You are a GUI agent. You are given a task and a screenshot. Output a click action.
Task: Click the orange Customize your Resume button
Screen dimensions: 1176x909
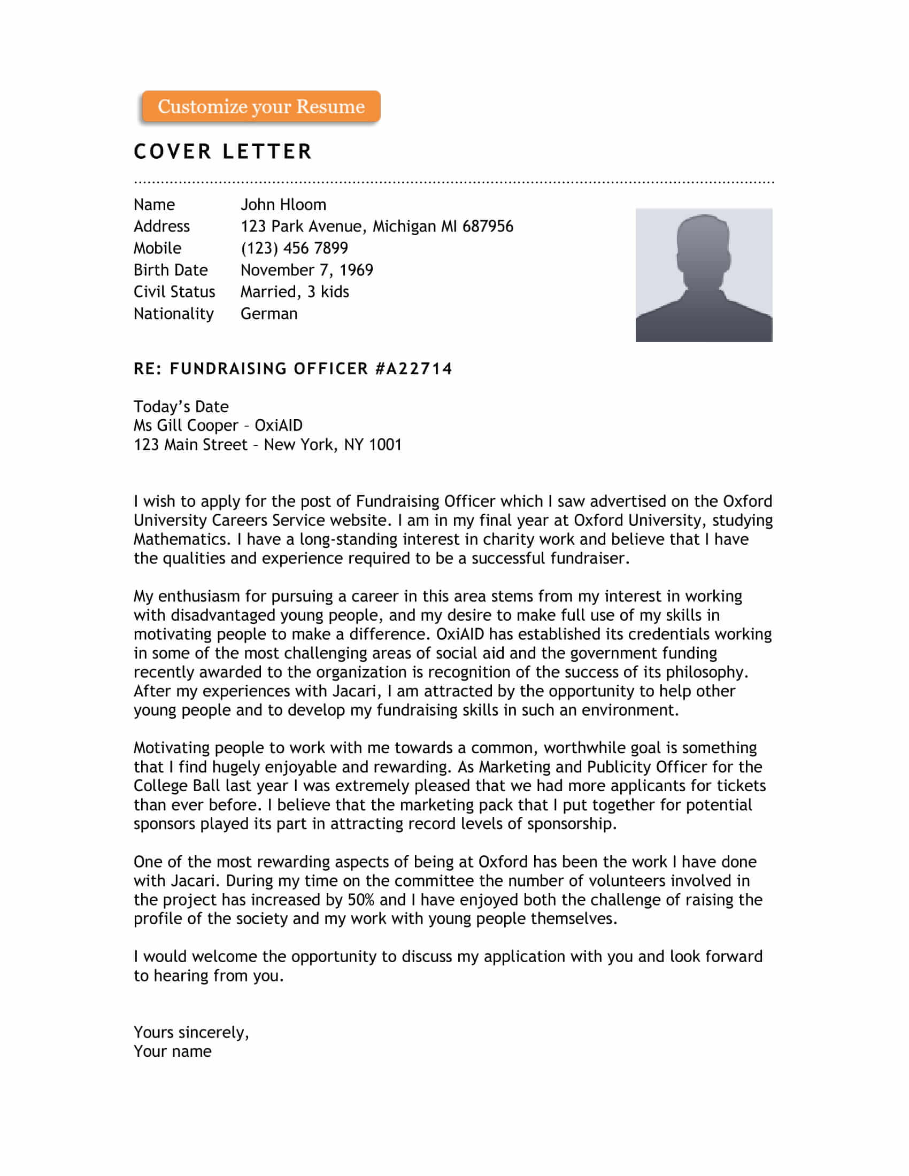click(x=260, y=106)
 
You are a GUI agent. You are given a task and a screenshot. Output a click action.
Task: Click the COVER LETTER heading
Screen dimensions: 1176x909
click(x=223, y=152)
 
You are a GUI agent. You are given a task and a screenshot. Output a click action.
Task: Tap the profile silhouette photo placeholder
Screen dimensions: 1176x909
click(x=703, y=275)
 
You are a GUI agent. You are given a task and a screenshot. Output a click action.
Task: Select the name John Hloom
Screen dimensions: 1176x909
click(x=283, y=205)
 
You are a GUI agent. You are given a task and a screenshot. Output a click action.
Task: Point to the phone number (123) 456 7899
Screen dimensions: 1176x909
click(x=294, y=248)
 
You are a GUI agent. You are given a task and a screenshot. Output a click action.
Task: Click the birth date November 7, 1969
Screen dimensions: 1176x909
click(x=306, y=270)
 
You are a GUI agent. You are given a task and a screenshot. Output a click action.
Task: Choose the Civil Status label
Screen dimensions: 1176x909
click(x=174, y=292)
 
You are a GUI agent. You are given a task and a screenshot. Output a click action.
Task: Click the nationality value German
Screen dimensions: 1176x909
click(x=269, y=314)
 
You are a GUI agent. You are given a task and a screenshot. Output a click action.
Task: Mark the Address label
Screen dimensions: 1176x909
click(x=161, y=226)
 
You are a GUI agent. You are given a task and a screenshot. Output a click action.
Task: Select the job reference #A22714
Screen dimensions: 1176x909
click(x=413, y=369)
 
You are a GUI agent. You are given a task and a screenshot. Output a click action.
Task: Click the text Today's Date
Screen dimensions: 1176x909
click(x=181, y=407)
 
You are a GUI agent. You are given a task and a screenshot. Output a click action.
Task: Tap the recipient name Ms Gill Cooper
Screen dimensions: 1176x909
click(x=186, y=425)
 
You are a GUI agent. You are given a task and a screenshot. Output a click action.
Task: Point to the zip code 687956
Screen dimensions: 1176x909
click(x=487, y=226)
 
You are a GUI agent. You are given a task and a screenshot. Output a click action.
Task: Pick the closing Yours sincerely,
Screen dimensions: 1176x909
click(x=191, y=1032)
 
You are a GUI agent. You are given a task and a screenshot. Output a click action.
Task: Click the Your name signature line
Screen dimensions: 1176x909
click(x=172, y=1051)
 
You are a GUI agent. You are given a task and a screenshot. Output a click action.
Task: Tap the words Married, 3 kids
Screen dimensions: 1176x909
click(x=295, y=292)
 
